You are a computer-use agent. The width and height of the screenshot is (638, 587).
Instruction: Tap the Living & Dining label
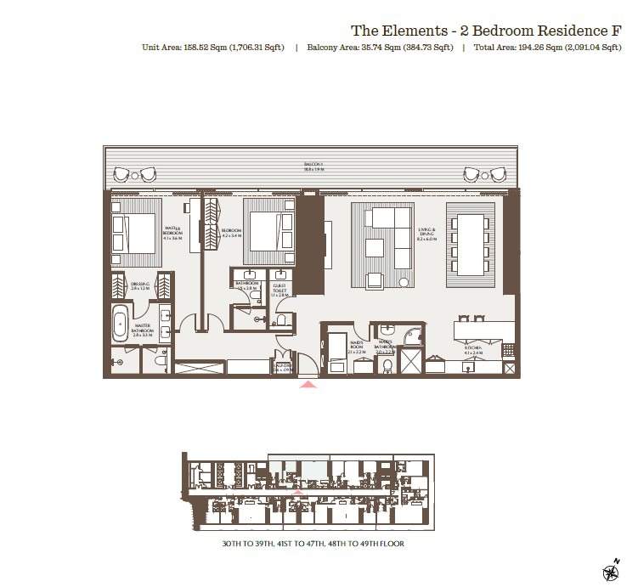tap(426, 235)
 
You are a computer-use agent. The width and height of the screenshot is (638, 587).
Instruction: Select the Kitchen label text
tap(472, 349)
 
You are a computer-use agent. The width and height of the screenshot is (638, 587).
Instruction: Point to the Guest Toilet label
tap(279, 290)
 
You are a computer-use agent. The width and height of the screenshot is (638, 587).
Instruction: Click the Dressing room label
tap(140, 286)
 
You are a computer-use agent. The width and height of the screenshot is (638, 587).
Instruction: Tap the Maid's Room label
tap(356, 347)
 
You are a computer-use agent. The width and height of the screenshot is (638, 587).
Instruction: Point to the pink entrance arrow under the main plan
tap(308, 385)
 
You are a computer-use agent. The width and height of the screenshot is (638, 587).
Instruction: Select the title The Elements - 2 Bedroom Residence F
tap(486, 30)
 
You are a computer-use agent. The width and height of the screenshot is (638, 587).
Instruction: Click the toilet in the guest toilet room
tap(280, 321)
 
